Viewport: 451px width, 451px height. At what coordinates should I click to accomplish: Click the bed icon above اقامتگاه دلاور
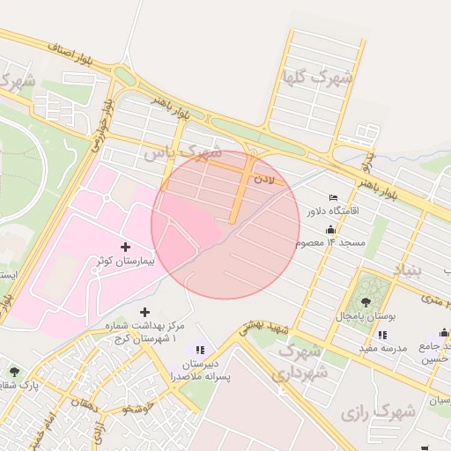332,197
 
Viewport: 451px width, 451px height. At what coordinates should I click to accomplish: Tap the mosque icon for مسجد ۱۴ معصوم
330,229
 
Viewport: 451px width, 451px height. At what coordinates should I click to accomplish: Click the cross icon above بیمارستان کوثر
124,247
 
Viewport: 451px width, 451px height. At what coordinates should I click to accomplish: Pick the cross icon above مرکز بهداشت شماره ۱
145,312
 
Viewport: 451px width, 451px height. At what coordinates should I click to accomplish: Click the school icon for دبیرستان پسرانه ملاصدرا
200,351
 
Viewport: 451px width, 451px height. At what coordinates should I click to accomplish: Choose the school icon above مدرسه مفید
381,335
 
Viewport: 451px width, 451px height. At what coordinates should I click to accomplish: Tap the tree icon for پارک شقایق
13,371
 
